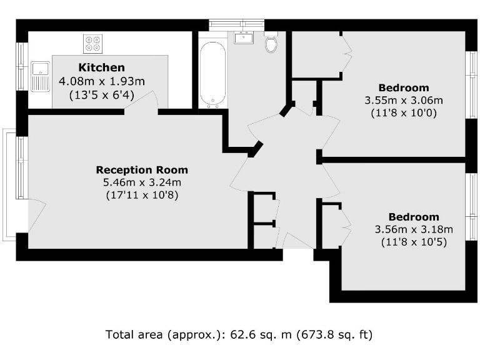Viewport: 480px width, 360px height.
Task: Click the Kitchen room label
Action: (x=101, y=67)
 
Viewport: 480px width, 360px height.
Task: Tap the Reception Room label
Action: (x=141, y=170)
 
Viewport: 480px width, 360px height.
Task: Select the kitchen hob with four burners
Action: (x=92, y=43)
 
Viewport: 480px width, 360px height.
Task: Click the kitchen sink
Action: (x=41, y=76)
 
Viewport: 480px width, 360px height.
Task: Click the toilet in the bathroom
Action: (x=271, y=42)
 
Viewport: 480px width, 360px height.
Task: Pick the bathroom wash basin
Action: (x=244, y=37)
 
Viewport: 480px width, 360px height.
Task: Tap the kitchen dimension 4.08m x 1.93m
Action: (x=101, y=81)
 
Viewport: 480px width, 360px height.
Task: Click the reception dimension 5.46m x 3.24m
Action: (x=142, y=182)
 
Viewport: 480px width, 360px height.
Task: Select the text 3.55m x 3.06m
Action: (x=403, y=100)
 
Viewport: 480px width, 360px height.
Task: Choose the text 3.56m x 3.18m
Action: (x=413, y=229)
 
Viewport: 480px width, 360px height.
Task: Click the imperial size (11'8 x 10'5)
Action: (x=413, y=242)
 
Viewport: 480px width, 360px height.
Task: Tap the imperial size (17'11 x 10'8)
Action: (x=142, y=195)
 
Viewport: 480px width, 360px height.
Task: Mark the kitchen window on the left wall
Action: (x=22, y=66)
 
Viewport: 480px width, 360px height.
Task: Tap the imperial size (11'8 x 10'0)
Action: (x=403, y=113)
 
